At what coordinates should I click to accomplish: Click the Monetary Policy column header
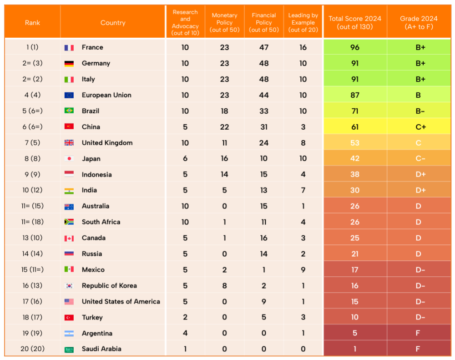pyautogui.click(x=224, y=22)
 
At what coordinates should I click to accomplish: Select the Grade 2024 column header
pyautogui.click(x=419, y=22)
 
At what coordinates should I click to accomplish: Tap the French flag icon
pyautogui.click(x=69, y=47)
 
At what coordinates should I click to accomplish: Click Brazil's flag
pyautogui.click(x=69, y=111)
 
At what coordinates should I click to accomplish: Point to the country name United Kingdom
pyautogui.click(x=107, y=143)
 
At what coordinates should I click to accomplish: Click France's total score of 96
pyautogui.click(x=355, y=47)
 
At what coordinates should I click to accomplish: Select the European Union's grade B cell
pyautogui.click(x=418, y=95)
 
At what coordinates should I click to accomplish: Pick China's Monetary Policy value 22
pyautogui.click(x=224, y=127)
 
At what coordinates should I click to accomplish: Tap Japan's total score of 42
pyautogui.click(x=355, y=159)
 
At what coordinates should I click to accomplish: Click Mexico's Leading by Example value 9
pyautogui.click(x=303, y=270)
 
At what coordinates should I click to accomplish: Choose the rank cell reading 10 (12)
pyautogui.click(x=32, y=190)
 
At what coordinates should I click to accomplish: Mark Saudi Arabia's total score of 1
pyautogui.click(x=355, y=349)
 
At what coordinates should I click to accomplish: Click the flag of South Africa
pyautogui.click(x=69, y=222)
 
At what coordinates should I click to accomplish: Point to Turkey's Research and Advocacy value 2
pyautogui.click(x=185, y=317)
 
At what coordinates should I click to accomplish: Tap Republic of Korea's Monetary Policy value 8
pyautogui.click(x=224, y=286)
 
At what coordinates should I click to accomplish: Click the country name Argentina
pyautogui.click(x=97, y=333)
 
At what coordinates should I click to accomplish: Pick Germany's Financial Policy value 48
pyautogui.click(x=264, y=63)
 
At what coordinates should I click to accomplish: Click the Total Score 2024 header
pyautogui.click(x=355, y=22)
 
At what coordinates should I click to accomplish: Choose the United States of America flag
pyautogui.click(x=69, y=302)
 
